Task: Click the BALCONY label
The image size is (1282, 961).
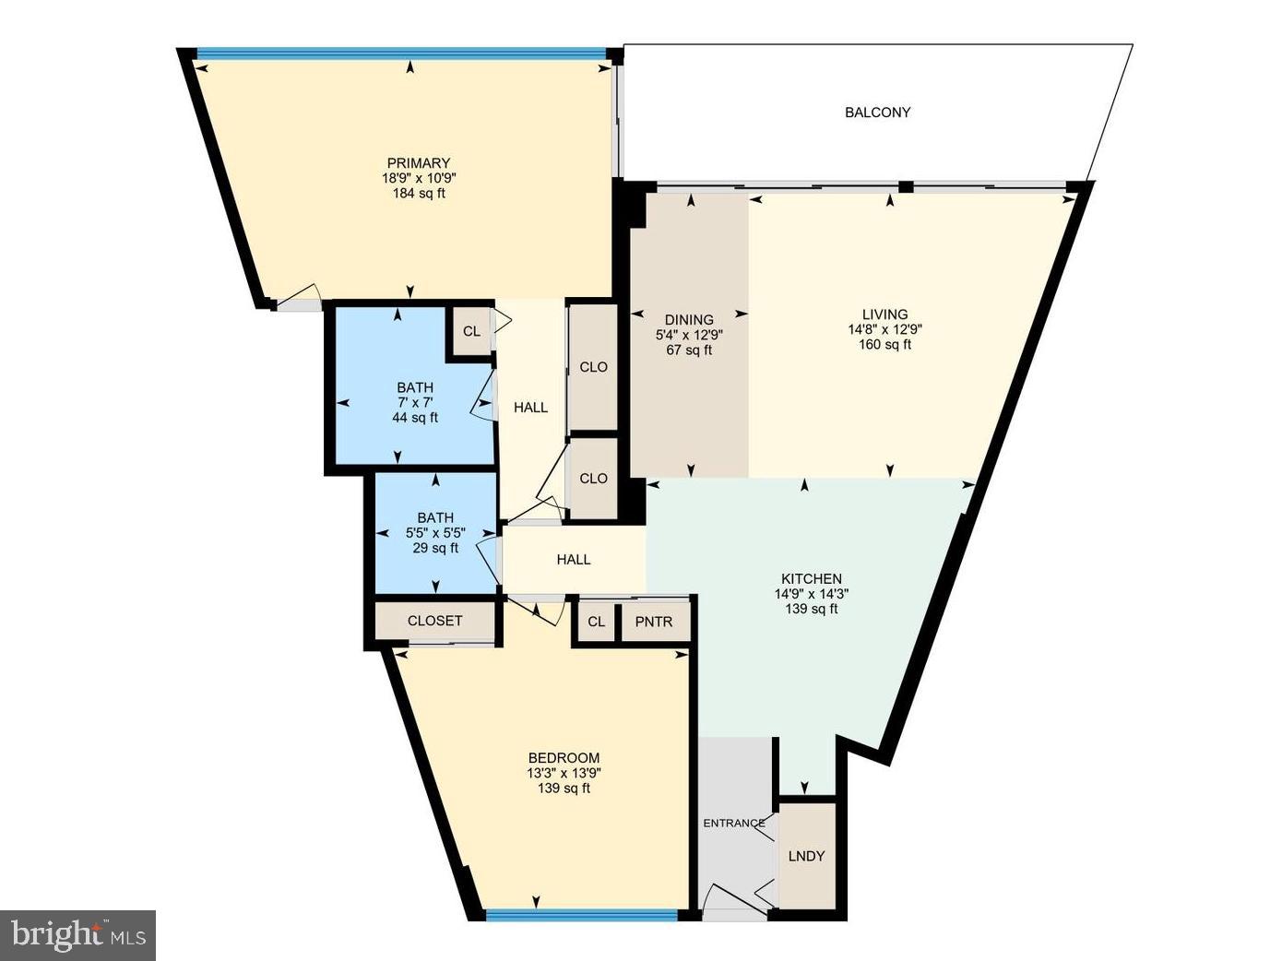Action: (877, 113)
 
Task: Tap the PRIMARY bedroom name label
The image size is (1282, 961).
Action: (419, 163)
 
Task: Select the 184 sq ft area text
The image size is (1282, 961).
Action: (419, 194)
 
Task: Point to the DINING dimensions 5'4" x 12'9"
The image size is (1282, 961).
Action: (689, 335)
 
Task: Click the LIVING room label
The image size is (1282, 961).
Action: (884, 314)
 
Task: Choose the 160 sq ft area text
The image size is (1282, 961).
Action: (884, 345)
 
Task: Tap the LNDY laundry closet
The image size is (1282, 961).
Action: (807, 856)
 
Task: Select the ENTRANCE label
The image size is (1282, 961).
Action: (734, 824)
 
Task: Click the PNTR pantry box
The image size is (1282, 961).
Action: (654, 622)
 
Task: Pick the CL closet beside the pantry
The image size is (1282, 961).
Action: (597, 622)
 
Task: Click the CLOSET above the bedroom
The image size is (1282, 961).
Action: (434, 621)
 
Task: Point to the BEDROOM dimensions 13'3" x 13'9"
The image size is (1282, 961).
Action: (564, 774)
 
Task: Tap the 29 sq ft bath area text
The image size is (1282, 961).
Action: (435, 549)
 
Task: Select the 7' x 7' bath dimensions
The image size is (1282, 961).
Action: (415, 403)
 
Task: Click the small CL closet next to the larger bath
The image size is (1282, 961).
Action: (471, 331)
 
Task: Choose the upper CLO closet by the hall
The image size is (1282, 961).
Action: (593, 367)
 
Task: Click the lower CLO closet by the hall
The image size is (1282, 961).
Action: (593, 479)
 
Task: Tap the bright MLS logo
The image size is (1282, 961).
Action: (78, 935)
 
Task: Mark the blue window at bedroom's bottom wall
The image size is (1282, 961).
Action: (582, 915)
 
